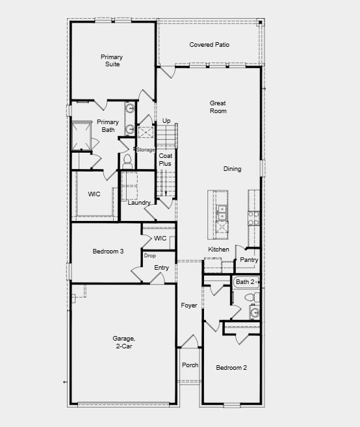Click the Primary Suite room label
click(112, 60)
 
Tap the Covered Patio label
click(209, 45)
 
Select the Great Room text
click(218, 107)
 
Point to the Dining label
click(232, 169)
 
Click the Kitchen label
click(218, 250)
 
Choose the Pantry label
click(249, 260)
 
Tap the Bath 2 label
click(244, 282)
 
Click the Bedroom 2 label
click(231, 368)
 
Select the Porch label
click(190, 365)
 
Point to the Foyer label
click(188, 305)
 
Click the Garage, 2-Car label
click(123, 342)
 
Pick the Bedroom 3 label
click(108, 252)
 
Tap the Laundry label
click(139, 203)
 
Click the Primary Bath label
click(108, 125)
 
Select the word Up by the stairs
click(166, 121)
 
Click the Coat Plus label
click(166, 159)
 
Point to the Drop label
click(149, 255)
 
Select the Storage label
click(146, 150)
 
